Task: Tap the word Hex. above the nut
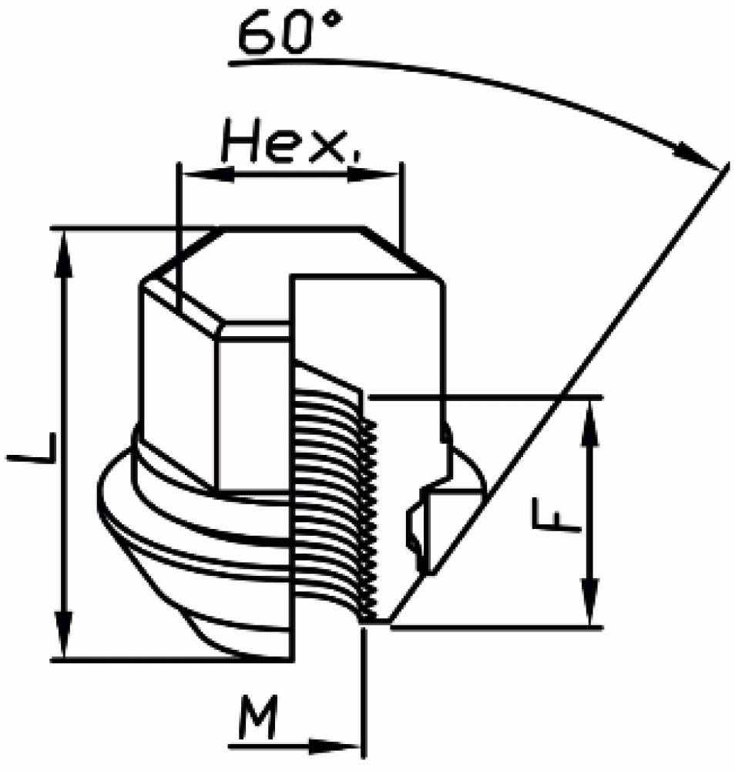coord(291,142)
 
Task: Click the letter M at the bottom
coord(259,718)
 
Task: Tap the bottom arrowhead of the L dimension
coord(65,634)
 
